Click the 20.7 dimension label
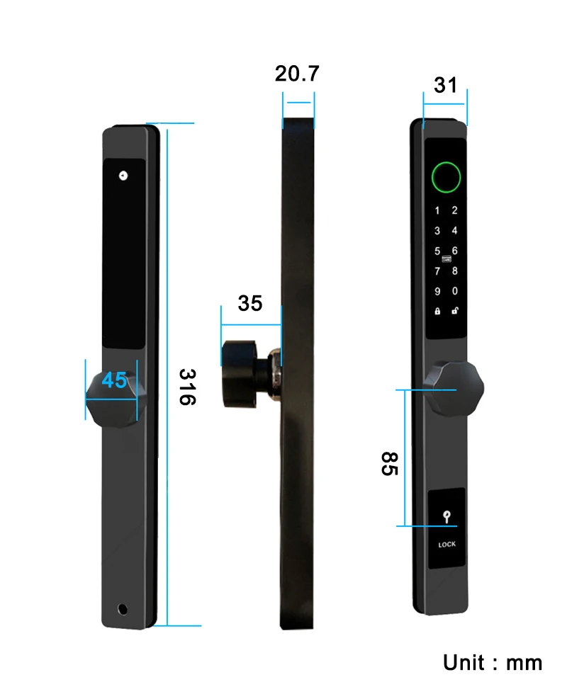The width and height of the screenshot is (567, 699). [297, 74]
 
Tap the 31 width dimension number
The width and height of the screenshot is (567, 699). [446, 85]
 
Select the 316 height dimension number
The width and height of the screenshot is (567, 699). [187, 387]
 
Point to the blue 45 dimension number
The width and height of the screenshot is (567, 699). [114, 380]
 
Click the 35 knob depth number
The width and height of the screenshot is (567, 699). [250, 304]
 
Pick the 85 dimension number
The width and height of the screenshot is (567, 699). [389, 464]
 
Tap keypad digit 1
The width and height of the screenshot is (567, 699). [437, 210]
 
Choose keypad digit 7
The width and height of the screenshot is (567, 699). [437, 271]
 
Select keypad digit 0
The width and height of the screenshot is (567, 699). [454, 291]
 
